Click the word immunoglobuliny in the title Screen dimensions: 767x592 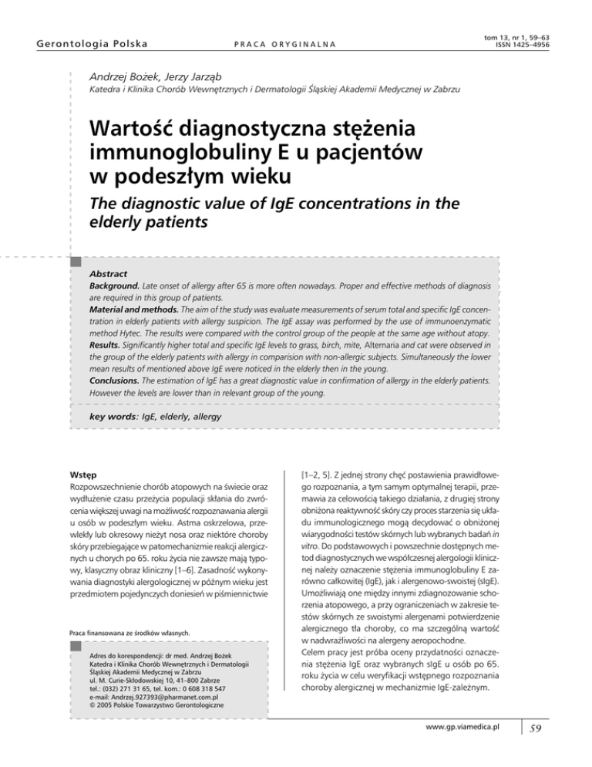189,154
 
